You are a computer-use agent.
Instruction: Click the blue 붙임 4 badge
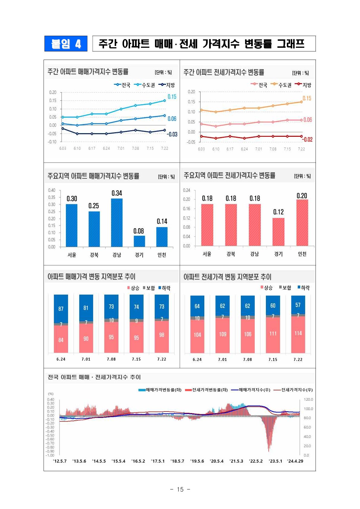coord(66,43)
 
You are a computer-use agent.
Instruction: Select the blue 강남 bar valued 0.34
coord(117,222)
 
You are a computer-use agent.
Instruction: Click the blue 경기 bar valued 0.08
coord(139,241)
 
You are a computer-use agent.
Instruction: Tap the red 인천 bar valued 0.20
coord(302,222)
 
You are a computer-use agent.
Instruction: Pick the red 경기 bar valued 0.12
coord(278,232)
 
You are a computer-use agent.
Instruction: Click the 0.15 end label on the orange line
coord(307,98)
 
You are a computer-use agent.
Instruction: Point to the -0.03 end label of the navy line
coord(172,134)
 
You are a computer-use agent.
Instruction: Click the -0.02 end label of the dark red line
coord(307,139)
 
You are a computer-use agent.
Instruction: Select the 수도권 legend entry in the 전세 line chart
coord(281,85)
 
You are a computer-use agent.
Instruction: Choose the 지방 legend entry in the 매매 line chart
coord(166,85)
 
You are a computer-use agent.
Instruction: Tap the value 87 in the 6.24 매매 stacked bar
coord(61,309)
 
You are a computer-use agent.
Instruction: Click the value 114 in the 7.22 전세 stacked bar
coord(298,333)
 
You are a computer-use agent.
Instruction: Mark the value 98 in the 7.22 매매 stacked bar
coord(162,335)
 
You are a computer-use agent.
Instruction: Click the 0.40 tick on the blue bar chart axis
coord(51,190)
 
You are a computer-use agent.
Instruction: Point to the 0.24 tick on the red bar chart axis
coord(186,190)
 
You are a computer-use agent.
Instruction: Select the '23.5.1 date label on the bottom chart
coord(275,461)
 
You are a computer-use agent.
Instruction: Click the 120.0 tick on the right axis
coord(308,399)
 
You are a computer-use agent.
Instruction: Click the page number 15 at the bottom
coord(180,489)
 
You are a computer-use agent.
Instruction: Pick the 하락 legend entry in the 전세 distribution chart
coord(304,288)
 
